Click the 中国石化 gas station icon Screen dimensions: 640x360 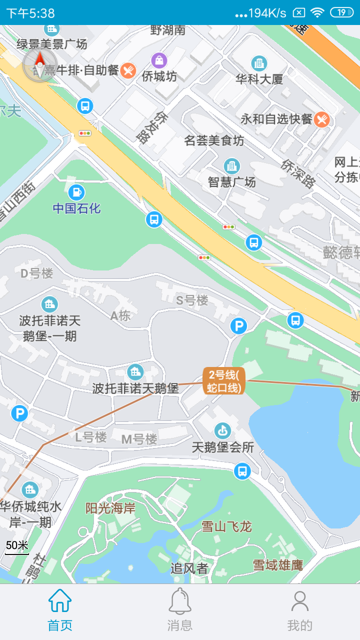pos(76,192)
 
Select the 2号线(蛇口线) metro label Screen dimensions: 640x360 pos(224,381)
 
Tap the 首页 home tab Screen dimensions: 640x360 pos(60,610)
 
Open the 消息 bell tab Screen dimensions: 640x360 pos(180,610)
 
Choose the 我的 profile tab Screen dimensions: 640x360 pos(300,610)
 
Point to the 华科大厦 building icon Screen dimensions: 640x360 pos(259,63)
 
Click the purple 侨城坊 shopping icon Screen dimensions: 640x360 pos(159,60)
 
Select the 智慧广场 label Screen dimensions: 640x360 pos(232,182)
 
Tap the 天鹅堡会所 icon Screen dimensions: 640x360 pos(222,430)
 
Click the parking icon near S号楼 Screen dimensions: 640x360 pos(238,326)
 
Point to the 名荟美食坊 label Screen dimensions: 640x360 pos(214,141)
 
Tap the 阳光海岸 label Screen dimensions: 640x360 pos(110,508)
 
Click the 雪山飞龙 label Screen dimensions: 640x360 pos(226,526)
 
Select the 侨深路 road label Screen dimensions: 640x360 pos(298,173)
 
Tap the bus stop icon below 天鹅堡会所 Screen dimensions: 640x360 pos(242,470)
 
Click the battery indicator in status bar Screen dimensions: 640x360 pos(342,12)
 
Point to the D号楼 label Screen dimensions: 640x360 pos(36,273)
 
